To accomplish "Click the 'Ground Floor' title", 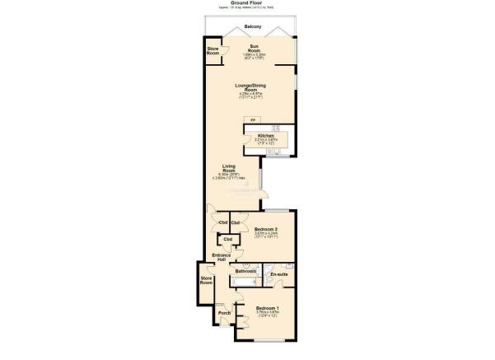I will pyautogui.click(x=247, y=3).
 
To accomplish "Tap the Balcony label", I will pyautogui.click(x=247, y=27).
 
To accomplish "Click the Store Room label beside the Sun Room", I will pyautogui.click(x=213, y=52).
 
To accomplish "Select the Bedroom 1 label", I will pyautogui.click(x=269, y=307).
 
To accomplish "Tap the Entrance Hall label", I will pyautogui.click(x=220, y=258).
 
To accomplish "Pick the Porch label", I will pyautogui.click(x=224, y=313).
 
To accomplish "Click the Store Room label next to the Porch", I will pyautogui.click(x=206, y=280).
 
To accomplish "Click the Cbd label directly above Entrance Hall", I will pyautogui.click(x=227, y=239).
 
